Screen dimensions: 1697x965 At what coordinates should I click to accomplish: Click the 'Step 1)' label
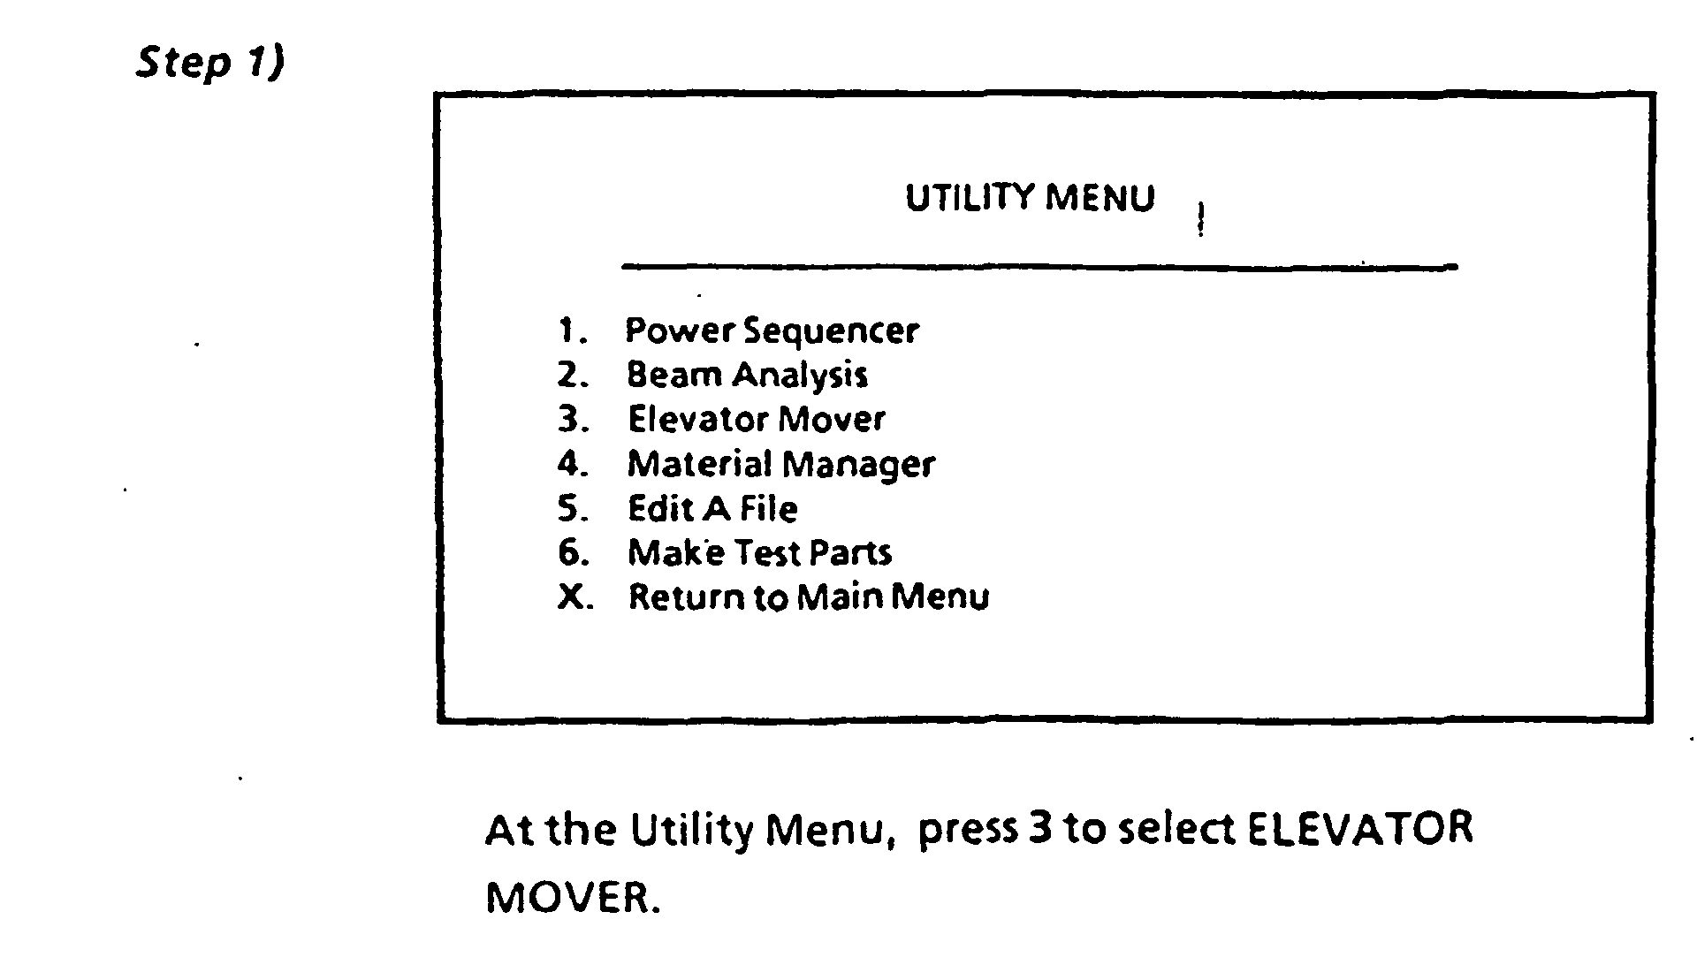click(x=210, y=62)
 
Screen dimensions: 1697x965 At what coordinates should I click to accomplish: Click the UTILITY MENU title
click(x=1030, y=198)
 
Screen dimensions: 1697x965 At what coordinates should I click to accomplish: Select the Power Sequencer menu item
click(x=772, y=331)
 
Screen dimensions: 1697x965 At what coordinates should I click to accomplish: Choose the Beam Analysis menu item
click(x=747, y=375)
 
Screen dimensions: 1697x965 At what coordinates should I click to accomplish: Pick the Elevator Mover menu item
click(x=756, y=419)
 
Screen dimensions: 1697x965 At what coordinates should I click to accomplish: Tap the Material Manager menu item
click(x=780, y=464)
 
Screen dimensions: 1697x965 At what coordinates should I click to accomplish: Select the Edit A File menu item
click(x=712, y=509)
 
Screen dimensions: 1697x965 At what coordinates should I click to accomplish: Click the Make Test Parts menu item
click(x=759, y=553)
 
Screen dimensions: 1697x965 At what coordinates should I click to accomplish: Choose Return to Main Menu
click(x=808, y=597)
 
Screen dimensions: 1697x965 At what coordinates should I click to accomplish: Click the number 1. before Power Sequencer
click(x=573, y=331)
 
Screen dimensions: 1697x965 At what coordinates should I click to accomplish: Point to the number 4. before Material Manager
click(x=573, y=464)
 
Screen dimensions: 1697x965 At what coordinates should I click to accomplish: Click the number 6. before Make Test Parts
click(x=573, y=553)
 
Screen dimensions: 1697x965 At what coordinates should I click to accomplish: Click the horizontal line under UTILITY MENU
click(x=1039, y=265)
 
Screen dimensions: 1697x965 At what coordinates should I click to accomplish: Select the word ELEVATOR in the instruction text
click(x=1359, y=829)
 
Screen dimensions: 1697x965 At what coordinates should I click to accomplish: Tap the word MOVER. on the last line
click(x=573, y=898)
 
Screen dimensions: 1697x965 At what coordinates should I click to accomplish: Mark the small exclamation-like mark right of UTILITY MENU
click(x=1200, y=220)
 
